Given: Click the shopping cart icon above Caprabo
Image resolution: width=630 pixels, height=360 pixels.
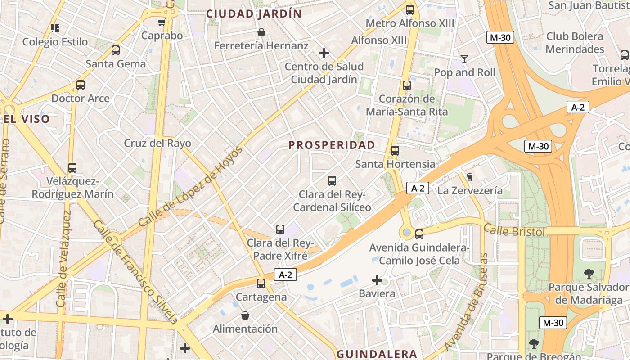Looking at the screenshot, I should click(x=162, y=22).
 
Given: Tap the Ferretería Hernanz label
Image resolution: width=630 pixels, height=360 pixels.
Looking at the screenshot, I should click(x=261, y=45).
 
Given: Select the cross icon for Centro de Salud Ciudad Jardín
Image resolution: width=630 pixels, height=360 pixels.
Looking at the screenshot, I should click(x=324, y=54).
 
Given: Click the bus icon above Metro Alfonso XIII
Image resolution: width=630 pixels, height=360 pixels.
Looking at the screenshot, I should click(x=409, y=10).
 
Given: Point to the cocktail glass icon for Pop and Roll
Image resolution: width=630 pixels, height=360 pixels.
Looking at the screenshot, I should click(x=464, y=59).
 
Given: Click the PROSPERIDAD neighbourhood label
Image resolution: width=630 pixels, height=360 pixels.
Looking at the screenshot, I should click(x=332, y=145).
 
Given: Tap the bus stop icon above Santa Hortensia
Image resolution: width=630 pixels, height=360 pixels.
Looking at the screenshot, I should click(x=395, y=151).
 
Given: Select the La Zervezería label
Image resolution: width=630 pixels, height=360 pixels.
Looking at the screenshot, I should click(x=470, y=190).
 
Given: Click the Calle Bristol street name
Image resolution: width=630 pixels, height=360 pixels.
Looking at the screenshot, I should click(x=514, y=231).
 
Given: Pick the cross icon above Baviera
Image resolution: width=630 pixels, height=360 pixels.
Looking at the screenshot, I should click(x=377, y=281).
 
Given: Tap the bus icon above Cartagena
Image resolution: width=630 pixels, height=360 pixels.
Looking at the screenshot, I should click(x=261, y=283).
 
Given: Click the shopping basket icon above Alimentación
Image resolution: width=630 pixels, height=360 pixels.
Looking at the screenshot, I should click(x=245, y=315).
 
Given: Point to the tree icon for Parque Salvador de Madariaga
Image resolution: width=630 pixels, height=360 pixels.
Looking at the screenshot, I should click(x=588, y=273).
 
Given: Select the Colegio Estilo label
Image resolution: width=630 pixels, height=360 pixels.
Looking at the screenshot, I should click(x=55, y=42).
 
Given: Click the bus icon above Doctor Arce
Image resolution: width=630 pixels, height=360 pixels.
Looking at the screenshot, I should click(x=81, y=85).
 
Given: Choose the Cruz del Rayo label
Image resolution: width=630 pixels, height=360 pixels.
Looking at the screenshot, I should click(x=157, y=144).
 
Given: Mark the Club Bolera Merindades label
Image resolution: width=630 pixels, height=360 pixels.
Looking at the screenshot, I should click(x=575, y=43).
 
